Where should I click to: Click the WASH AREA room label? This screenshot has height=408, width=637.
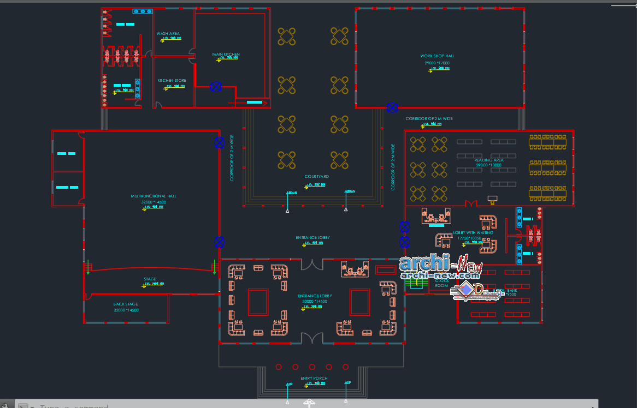click(168, 34)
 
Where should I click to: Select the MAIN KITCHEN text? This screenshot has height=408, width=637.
click(226, 55)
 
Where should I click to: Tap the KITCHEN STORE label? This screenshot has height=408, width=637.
click(172, 81)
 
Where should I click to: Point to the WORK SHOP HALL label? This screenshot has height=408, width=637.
click(437, 56)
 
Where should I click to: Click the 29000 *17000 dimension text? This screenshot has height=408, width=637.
click(437, 63)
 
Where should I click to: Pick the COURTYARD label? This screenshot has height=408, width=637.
click(316, 177)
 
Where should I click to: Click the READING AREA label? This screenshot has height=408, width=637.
click(489, 160)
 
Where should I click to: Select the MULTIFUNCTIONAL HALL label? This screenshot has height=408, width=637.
click(154, 196)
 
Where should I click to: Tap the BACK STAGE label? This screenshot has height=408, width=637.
click(126, 304)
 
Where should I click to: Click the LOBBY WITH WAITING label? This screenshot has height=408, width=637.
click(473, 233)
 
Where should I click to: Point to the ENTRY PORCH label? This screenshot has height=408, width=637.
click(314, 379)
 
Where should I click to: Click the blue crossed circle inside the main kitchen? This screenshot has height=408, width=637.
click(216, 87)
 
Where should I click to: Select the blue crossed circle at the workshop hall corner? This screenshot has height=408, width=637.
click(392, 107)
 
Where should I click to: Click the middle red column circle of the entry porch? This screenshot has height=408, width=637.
click(312, 367)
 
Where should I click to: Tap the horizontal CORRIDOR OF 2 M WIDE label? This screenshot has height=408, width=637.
click(429, 119)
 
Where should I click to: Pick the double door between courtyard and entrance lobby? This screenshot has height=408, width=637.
click(312, 264)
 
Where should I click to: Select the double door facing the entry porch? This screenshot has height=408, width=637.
click(312, 338)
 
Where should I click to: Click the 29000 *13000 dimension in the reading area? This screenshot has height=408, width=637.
click(489, 165)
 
